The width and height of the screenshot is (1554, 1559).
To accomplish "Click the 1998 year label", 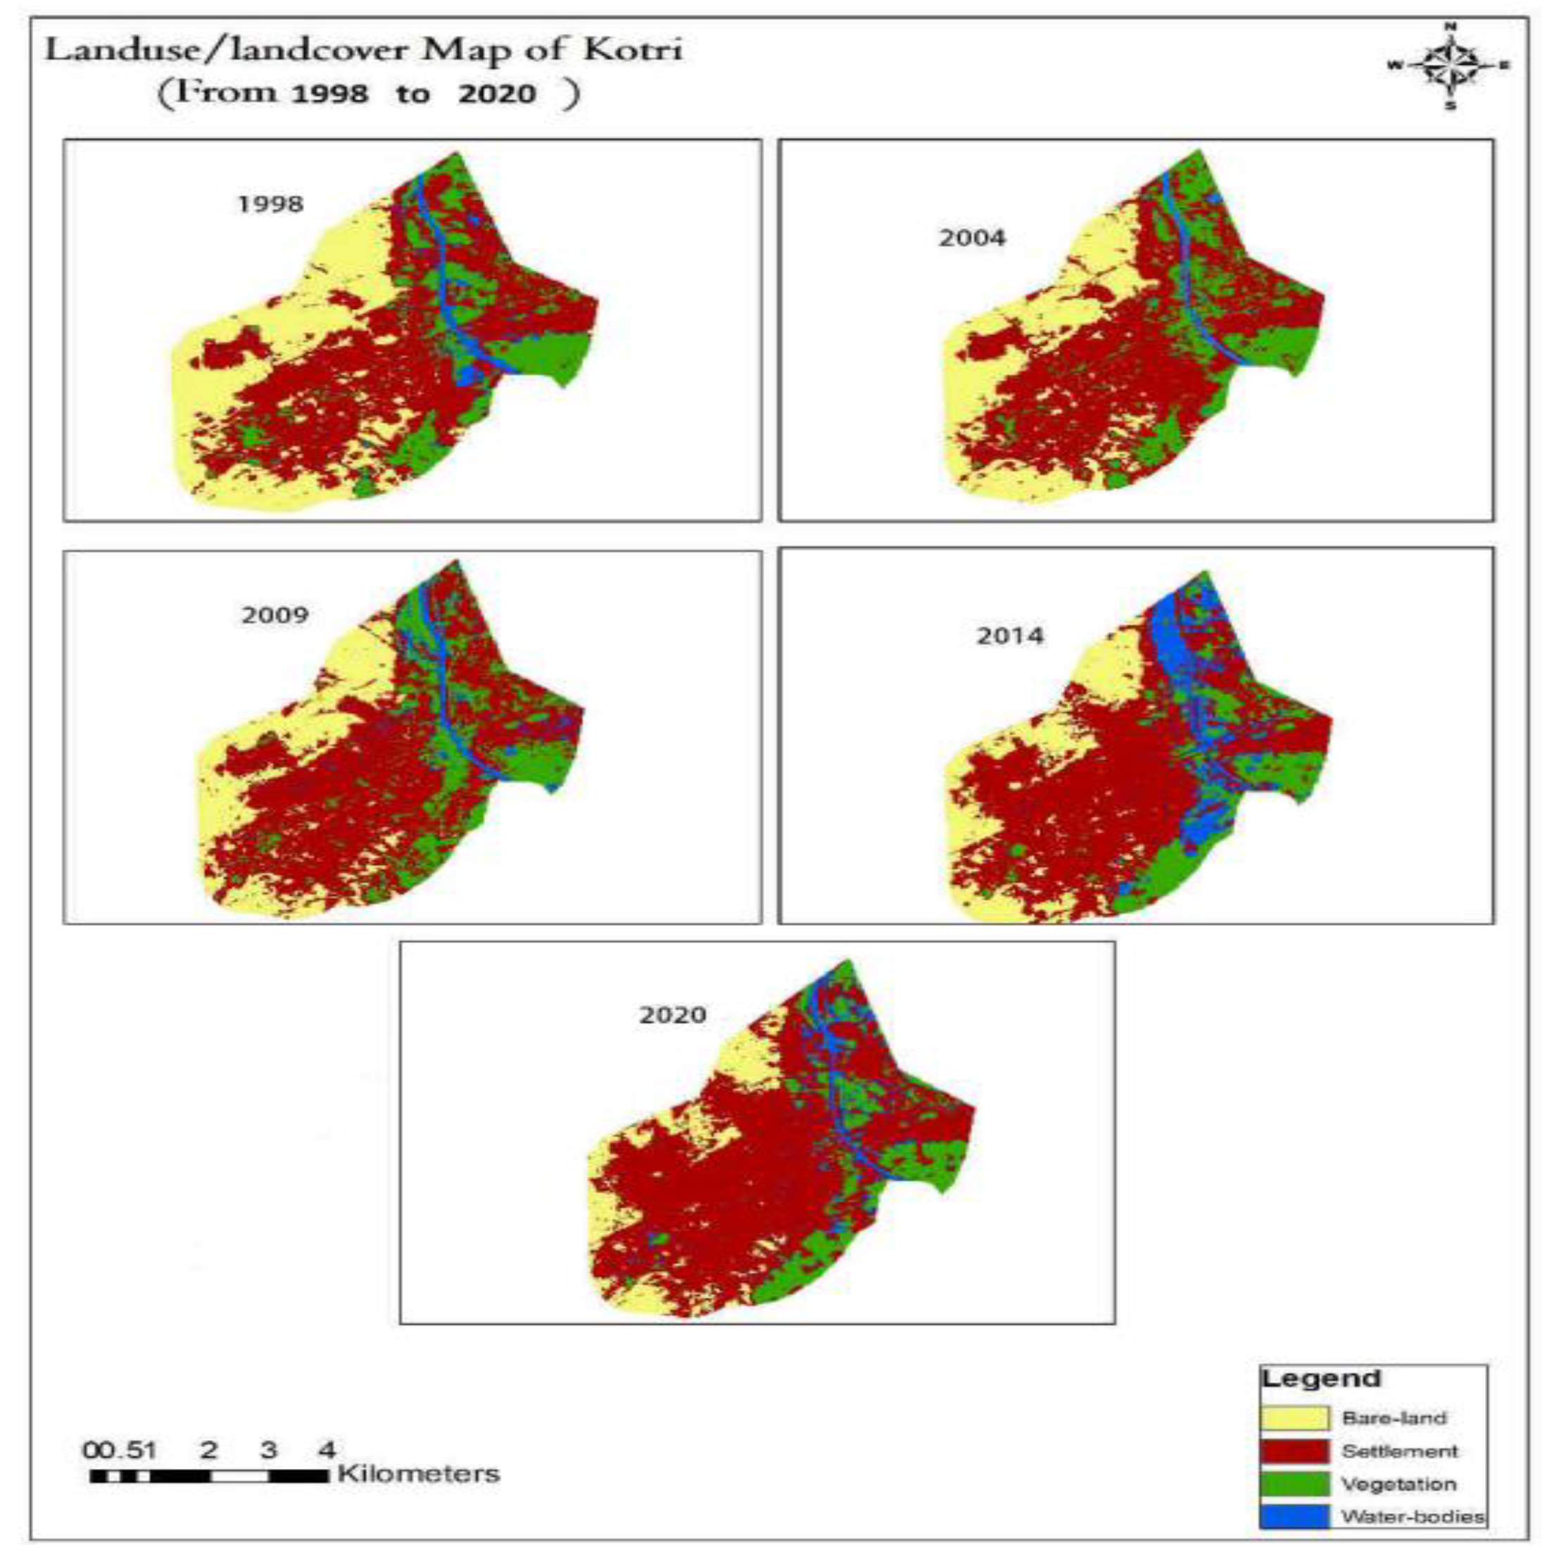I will coord(270,203).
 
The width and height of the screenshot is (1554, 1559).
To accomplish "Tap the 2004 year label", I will coord(971,238).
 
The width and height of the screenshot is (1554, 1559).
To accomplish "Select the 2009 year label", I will coord(274,615).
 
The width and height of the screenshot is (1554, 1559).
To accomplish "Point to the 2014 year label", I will coord(1009,636).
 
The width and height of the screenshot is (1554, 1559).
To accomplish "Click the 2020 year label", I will coord(672,1014).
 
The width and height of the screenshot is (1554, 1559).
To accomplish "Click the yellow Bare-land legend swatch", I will coord(1294,1418).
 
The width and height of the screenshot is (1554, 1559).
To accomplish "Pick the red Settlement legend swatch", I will coord(1294,1451).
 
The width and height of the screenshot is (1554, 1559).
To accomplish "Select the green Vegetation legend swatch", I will coord(1294,1484).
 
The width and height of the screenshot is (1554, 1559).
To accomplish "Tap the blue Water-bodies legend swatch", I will coord(1294,1516).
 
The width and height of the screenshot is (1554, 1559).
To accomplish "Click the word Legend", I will coord(1321,1378).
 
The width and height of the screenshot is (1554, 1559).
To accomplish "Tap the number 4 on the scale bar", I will coord(326,1449).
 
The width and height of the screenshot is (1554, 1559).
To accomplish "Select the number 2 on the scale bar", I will coord(209,1449).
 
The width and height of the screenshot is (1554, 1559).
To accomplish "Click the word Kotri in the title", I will coord(633,50).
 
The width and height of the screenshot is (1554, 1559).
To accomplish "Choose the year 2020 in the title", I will coord(497,94).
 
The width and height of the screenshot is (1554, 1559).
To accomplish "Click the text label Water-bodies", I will coord(1412,1516).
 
